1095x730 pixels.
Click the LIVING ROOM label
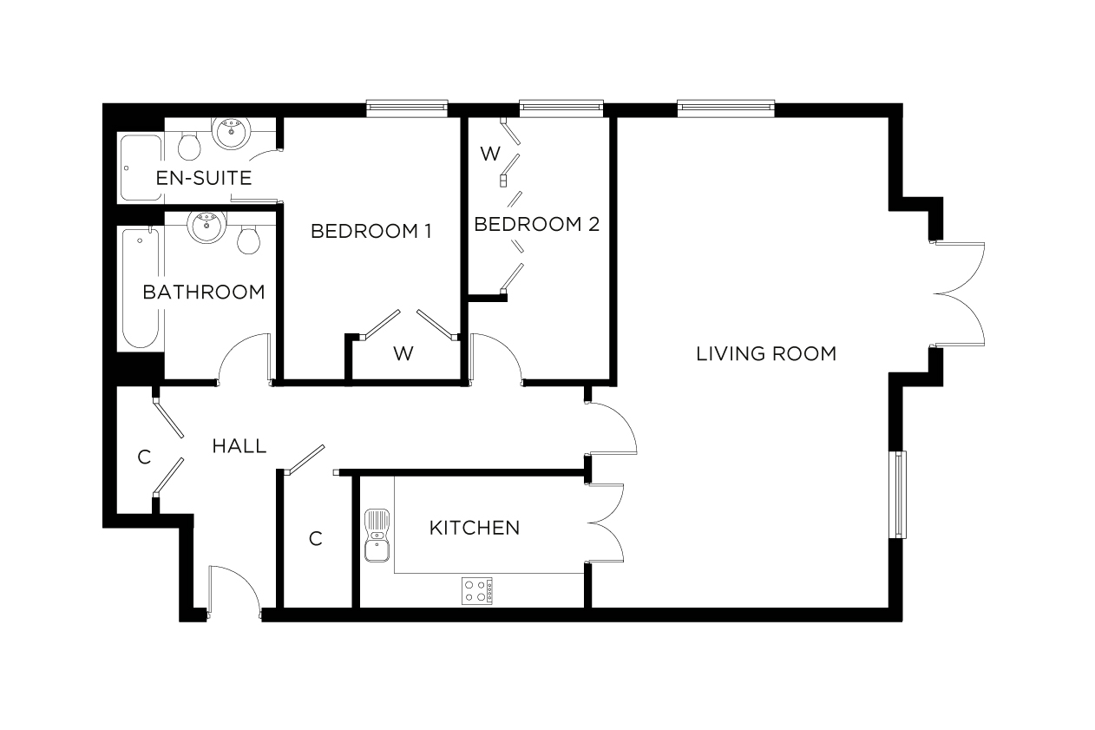point(766,354)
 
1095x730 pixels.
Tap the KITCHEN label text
point(475,528)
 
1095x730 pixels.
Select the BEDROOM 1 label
point(371,232)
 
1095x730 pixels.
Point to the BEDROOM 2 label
point(537,224)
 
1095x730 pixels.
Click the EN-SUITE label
point(203,179)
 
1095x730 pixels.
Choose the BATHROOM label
point(204,293)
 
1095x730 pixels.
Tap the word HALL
point(239,447)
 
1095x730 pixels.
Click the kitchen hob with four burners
point(476,591)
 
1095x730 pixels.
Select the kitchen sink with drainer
point(377,536)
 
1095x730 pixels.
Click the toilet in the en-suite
point(188,145)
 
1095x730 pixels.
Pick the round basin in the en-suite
point(230,135)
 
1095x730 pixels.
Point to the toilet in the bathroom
point(249,240)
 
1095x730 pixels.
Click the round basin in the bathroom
point(207,227)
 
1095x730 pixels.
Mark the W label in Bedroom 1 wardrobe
point(403,353)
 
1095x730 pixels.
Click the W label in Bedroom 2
point(490,155)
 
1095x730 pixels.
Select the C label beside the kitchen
point(316,539)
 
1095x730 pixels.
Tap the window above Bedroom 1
point(407,108)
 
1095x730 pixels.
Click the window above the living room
point(725,108)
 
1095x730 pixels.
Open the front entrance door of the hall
point(234,590)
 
